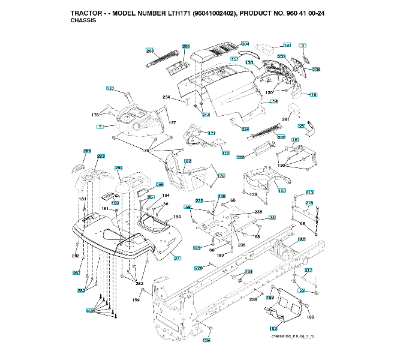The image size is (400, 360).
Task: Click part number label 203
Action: pos(150,51)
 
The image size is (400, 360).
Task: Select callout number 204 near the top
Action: pos(245,43)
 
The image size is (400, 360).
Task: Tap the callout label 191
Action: pos(287,45)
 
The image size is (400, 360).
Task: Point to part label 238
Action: pos(316,70)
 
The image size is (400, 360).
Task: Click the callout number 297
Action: pos(286,120)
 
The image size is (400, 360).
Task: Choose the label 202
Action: pos(281,137)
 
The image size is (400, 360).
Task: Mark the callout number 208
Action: pos(240,157)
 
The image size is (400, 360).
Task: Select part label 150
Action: pos(282,190)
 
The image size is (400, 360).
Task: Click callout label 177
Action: pos(211,133)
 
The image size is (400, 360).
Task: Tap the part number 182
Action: pos(188,161)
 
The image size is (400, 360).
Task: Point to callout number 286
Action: pos(88,151)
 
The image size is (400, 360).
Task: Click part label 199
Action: pos(115,203)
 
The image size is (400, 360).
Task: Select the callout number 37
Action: pos(177,258)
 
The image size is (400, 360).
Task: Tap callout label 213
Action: pos(309,193)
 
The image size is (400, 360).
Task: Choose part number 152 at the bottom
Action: pos(273,329)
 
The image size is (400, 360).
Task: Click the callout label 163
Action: pos(91,310)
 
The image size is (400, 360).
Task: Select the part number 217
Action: pos(308,271)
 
